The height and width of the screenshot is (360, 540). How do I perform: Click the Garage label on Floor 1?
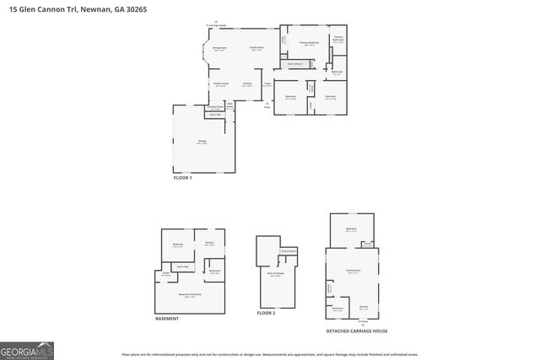202,142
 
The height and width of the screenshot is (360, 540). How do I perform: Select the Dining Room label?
219,49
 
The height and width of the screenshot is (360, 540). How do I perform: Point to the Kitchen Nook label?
222,84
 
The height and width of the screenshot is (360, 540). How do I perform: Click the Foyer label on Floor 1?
267,84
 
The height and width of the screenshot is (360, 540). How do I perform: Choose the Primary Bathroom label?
337,39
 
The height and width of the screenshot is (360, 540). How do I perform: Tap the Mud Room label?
229,105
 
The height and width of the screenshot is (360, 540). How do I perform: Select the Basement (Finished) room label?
193,295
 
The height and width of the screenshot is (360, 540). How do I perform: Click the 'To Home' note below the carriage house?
363,321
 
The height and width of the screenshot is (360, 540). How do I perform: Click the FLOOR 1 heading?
183,178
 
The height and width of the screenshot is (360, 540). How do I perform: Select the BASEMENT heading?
167,319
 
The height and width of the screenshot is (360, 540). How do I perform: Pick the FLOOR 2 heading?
267,313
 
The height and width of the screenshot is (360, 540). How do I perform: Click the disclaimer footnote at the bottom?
270,355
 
